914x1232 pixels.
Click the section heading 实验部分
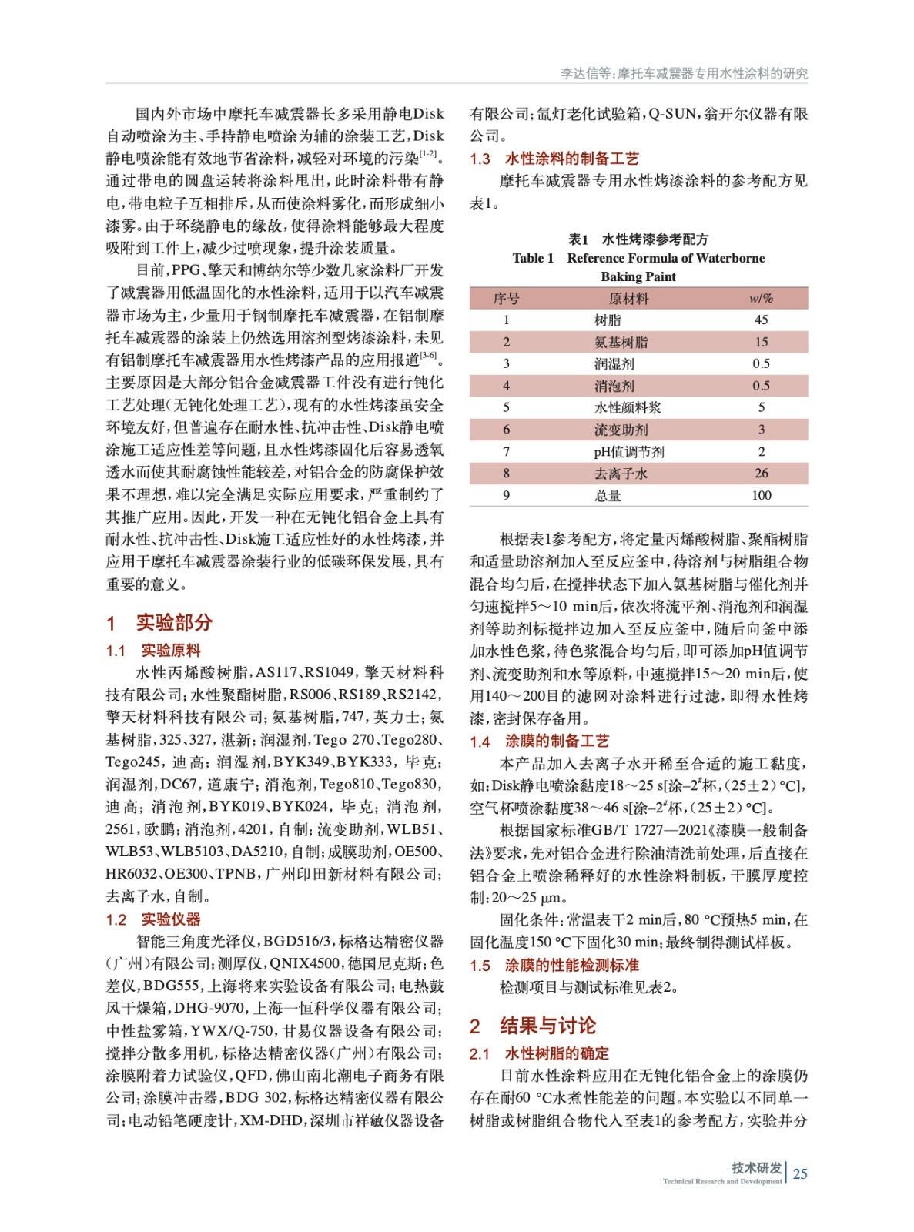[x=173, y=622]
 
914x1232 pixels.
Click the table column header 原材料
[x=628, y=298]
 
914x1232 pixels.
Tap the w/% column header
[x=761, y=298]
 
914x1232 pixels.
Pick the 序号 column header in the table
[x=506, y=298]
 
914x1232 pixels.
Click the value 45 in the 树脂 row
[x=761, y=320]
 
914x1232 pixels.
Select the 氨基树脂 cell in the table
[x=621, y=342]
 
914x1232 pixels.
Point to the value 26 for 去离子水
[x=761, y=474]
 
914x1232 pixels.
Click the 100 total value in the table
[x=761, y=495]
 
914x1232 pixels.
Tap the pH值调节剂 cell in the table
[x=628, y=452]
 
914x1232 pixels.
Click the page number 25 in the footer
[x=800, y=1173]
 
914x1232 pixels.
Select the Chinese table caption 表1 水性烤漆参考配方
[x=638, y=239]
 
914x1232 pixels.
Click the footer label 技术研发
[x=756, y=1167]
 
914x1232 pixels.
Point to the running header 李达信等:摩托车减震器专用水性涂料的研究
[x=684, y=73]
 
